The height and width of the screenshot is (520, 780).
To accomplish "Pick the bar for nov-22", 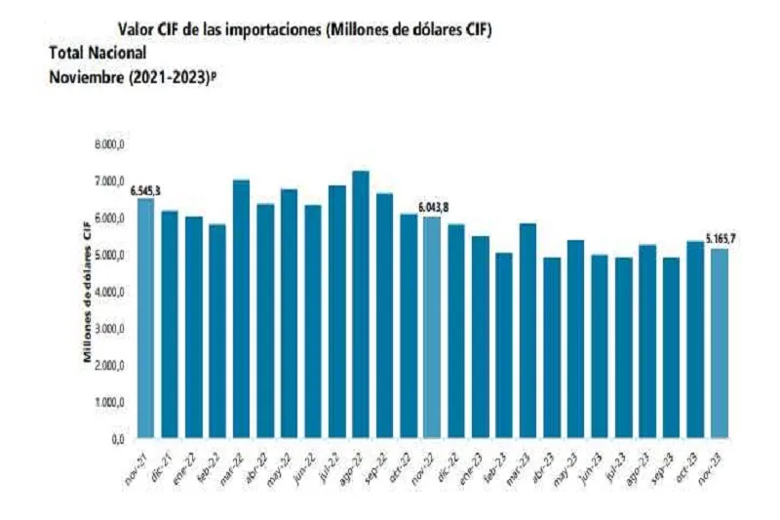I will [x=431, y=327].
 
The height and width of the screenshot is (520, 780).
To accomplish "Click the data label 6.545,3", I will [x=146, y=190].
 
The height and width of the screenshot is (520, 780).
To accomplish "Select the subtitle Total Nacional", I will [x=97, y=54].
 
